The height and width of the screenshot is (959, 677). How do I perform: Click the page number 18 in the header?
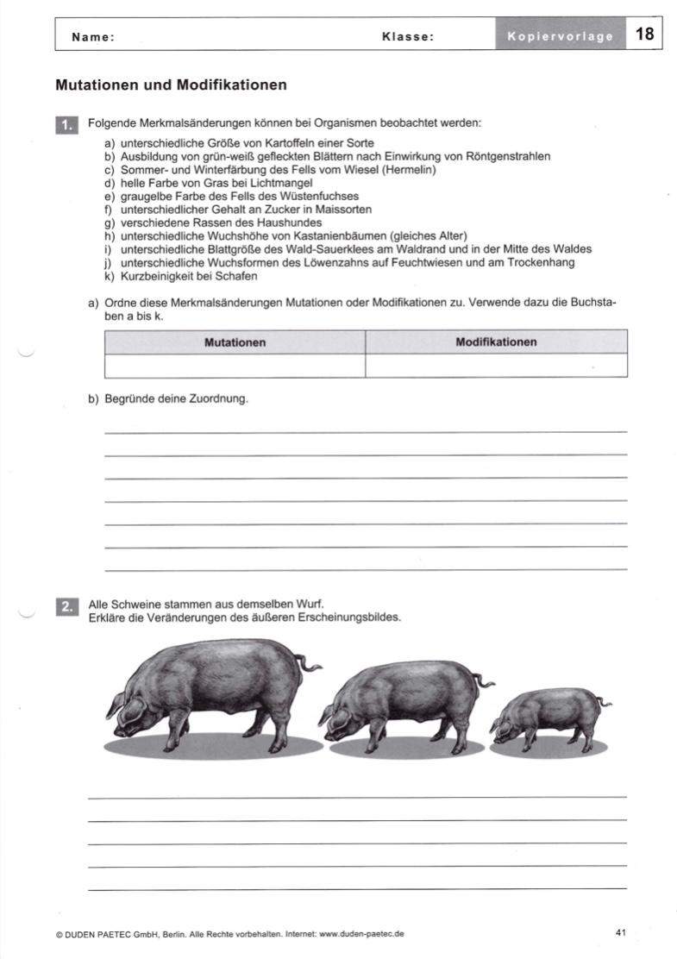(644, 34)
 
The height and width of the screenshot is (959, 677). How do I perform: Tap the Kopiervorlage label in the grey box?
(560, 36)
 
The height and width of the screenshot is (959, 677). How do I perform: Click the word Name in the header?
(92, 37)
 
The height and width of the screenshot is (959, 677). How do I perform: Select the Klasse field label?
(407, 37)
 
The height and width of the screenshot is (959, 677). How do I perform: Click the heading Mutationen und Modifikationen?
(171, 85)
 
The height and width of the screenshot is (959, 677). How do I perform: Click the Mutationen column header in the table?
(235, 342)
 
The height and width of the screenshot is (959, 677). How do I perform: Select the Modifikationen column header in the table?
(496, 342)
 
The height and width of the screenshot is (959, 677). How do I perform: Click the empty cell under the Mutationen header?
(235, 366)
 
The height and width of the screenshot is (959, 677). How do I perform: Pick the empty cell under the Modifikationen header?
(496, 366)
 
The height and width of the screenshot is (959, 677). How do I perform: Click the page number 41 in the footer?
(621, 931)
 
